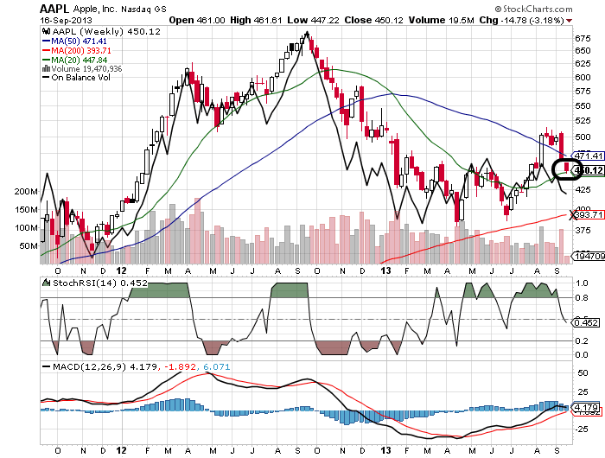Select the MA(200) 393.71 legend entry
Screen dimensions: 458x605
[83, 50]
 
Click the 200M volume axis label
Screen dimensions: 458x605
[25, 191]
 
